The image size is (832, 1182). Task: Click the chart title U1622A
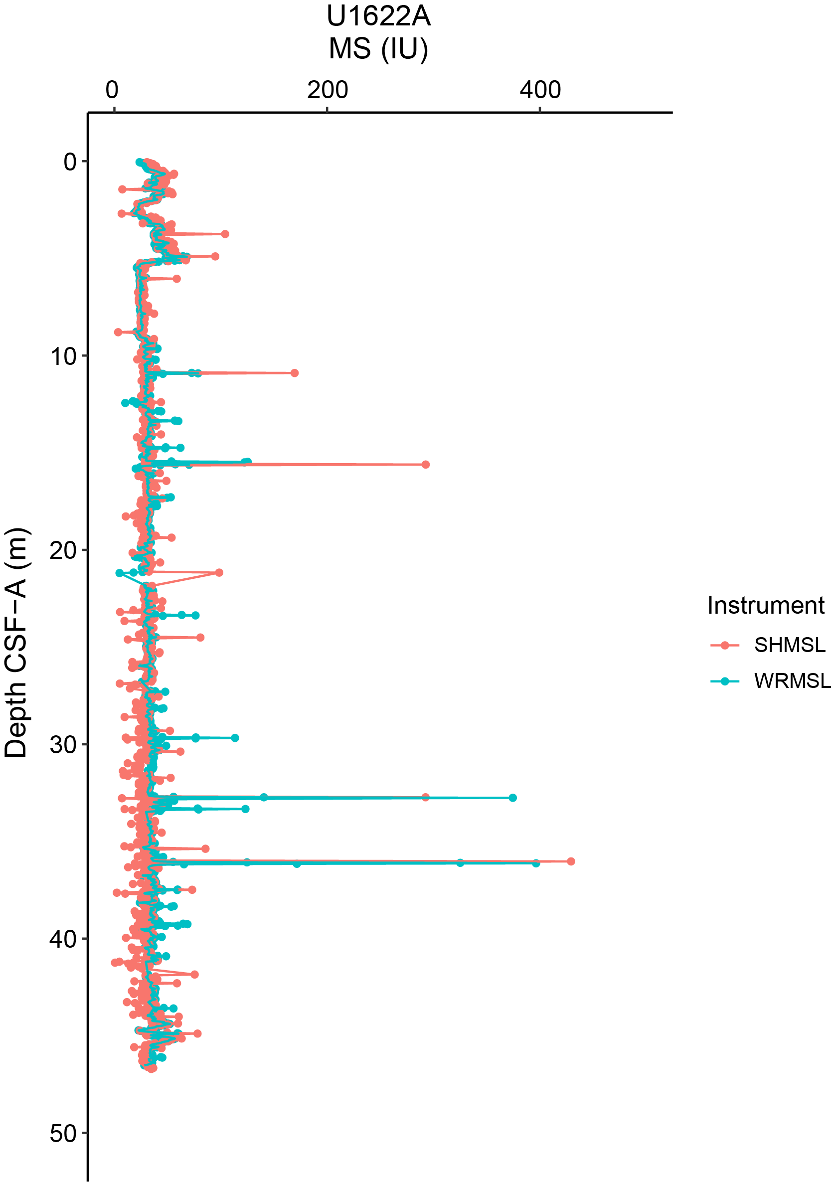click(x=378, y=16)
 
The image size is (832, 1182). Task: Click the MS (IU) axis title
click(x=378, y=49)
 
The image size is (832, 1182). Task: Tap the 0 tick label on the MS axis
click(x=112, y=90)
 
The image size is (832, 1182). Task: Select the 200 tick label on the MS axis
click(x=328, y=90)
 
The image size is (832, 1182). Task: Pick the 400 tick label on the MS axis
click(x=540, y=90)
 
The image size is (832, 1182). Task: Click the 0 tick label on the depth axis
click(x=70, y=162)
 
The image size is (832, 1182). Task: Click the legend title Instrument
click(x=766, y=605)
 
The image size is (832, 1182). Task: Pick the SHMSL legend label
click(x=789, y=645)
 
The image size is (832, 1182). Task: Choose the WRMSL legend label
click(x=792, y=681)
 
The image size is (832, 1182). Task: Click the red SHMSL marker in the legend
click(x=725, y=645)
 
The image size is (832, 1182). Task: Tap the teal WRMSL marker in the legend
click(x=725, y=681)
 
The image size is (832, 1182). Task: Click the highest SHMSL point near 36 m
click(x=570, y=861)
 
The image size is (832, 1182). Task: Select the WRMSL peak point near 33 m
click(x=513, y=798)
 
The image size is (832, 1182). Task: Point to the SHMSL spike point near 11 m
click(x=295, y=373)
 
